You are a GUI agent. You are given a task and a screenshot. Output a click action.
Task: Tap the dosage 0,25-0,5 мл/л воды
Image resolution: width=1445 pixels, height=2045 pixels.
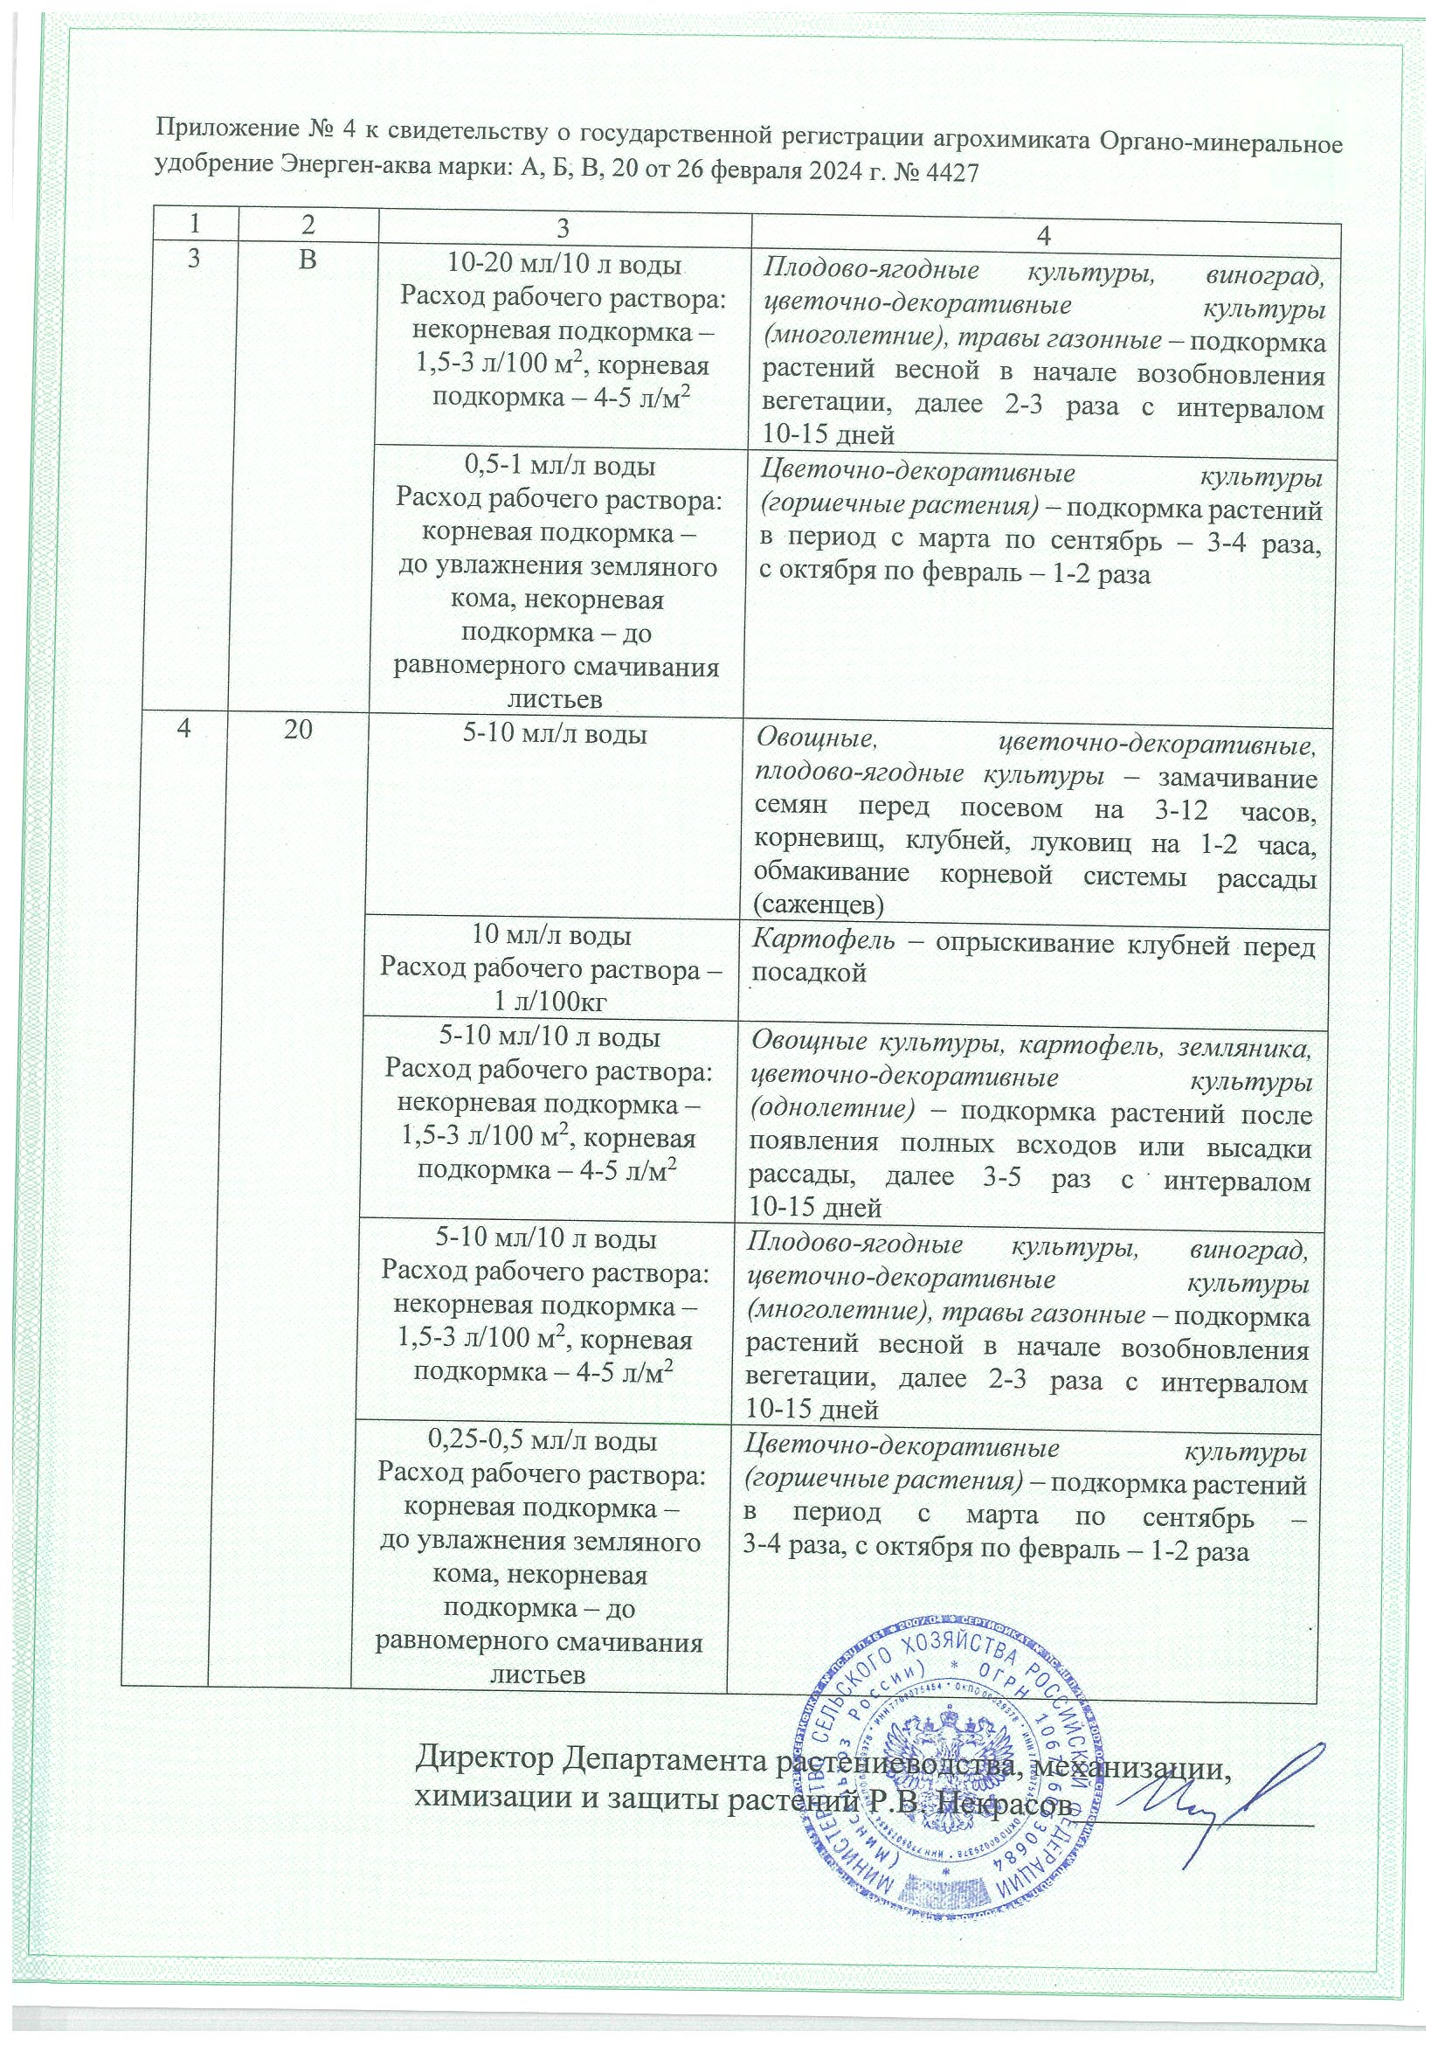click(543, 1440)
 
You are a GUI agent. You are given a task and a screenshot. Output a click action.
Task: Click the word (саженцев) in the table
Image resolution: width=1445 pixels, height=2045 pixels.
click(819, 905)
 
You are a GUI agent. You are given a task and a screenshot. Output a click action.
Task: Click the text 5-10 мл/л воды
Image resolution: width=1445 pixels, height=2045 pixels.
click(557, 736)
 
